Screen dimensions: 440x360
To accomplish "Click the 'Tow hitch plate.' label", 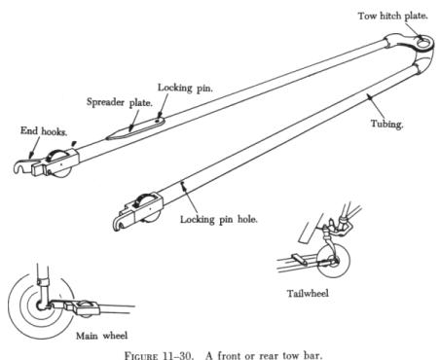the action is pos(393,16).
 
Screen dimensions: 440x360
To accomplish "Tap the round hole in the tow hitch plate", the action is pos(422,43).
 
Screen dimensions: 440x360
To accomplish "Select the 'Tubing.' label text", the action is pos(387,124).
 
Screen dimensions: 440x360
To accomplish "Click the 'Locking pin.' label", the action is pos(185,88).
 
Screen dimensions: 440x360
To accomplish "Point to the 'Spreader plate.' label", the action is pos(120,102).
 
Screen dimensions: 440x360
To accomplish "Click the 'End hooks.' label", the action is pos(44,131).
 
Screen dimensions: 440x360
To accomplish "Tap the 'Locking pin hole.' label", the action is pos(219,220).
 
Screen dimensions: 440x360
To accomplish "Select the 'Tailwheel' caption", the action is pos(308,294).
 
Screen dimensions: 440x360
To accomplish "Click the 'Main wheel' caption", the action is pos(102,336).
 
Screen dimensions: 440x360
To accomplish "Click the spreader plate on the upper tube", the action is pos(135,128).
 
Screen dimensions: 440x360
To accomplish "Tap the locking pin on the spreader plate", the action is pos(158,121).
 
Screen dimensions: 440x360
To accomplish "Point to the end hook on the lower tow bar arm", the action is pos(118,224).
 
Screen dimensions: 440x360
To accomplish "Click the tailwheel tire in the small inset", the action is pos(335,261).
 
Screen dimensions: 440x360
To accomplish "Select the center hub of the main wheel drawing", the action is pos(41,306).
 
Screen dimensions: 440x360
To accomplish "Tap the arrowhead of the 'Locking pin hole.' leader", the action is pos(184,185).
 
